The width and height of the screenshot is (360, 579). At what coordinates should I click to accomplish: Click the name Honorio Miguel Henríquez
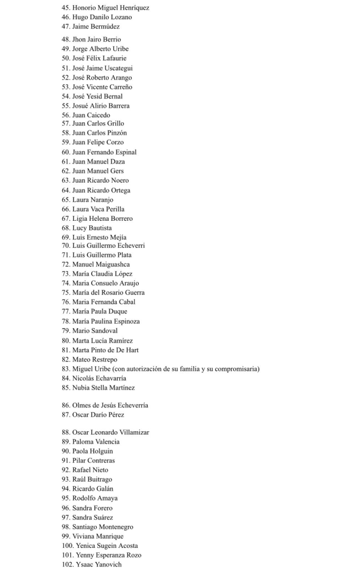point(110,8)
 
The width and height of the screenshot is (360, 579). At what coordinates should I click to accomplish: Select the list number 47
point(66,27)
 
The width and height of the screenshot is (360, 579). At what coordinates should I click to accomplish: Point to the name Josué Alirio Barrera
point(101,106)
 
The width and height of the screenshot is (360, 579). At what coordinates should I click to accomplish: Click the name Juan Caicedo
point(91,115)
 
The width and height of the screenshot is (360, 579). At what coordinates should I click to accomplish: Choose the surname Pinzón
point(115,133)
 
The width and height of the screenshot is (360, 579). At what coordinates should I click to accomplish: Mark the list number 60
point(66,152)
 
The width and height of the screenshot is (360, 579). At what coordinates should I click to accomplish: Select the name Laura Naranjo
point(93,200)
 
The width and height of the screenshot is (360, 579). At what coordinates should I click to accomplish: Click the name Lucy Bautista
point(92,228)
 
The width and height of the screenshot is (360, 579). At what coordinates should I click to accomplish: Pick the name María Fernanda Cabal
point(104,302)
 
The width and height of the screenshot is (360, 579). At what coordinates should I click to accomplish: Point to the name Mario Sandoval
point(95,331)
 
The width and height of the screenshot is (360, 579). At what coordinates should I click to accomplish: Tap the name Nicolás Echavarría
point(99,378)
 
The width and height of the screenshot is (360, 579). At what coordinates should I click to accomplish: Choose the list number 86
point(66,406)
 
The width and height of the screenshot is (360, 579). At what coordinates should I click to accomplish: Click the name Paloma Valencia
point(96,442)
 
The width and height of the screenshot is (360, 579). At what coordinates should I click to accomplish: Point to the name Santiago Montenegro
point(102,527)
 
